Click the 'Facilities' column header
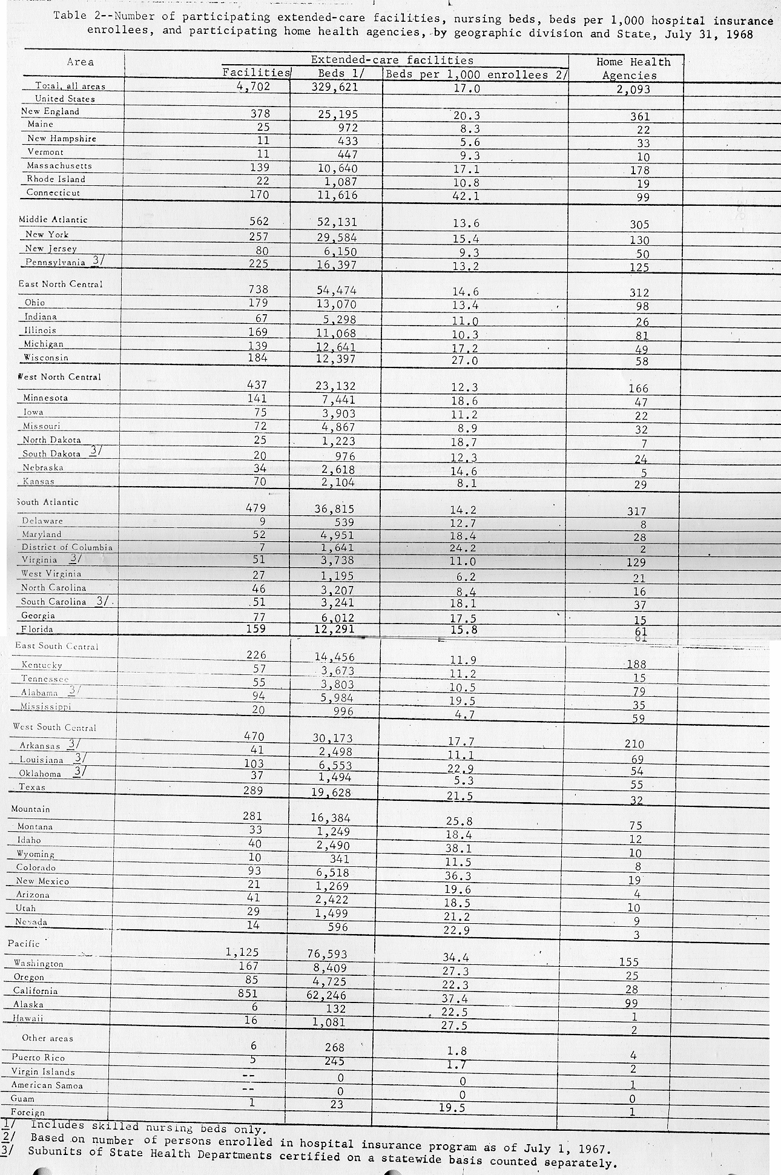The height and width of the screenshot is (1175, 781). (x=257, y=73)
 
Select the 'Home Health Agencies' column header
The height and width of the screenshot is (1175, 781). (x=633, y=68)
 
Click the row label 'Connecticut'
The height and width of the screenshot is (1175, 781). (x=53, y=193)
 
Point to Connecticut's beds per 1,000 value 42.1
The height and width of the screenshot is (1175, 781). (x=467, y=195)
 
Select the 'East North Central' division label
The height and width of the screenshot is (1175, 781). (x=61, y=284)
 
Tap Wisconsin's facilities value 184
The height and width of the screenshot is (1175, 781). (x=259, y=358)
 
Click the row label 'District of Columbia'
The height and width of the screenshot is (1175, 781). (x=67, y=547)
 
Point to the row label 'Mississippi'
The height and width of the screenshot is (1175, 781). (x=46, y=706)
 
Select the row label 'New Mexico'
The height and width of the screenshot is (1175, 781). (x=42, y=881)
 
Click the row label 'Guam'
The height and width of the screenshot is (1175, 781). (x=22, y=1098)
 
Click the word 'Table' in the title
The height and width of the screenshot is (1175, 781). (x=70, y=16)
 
